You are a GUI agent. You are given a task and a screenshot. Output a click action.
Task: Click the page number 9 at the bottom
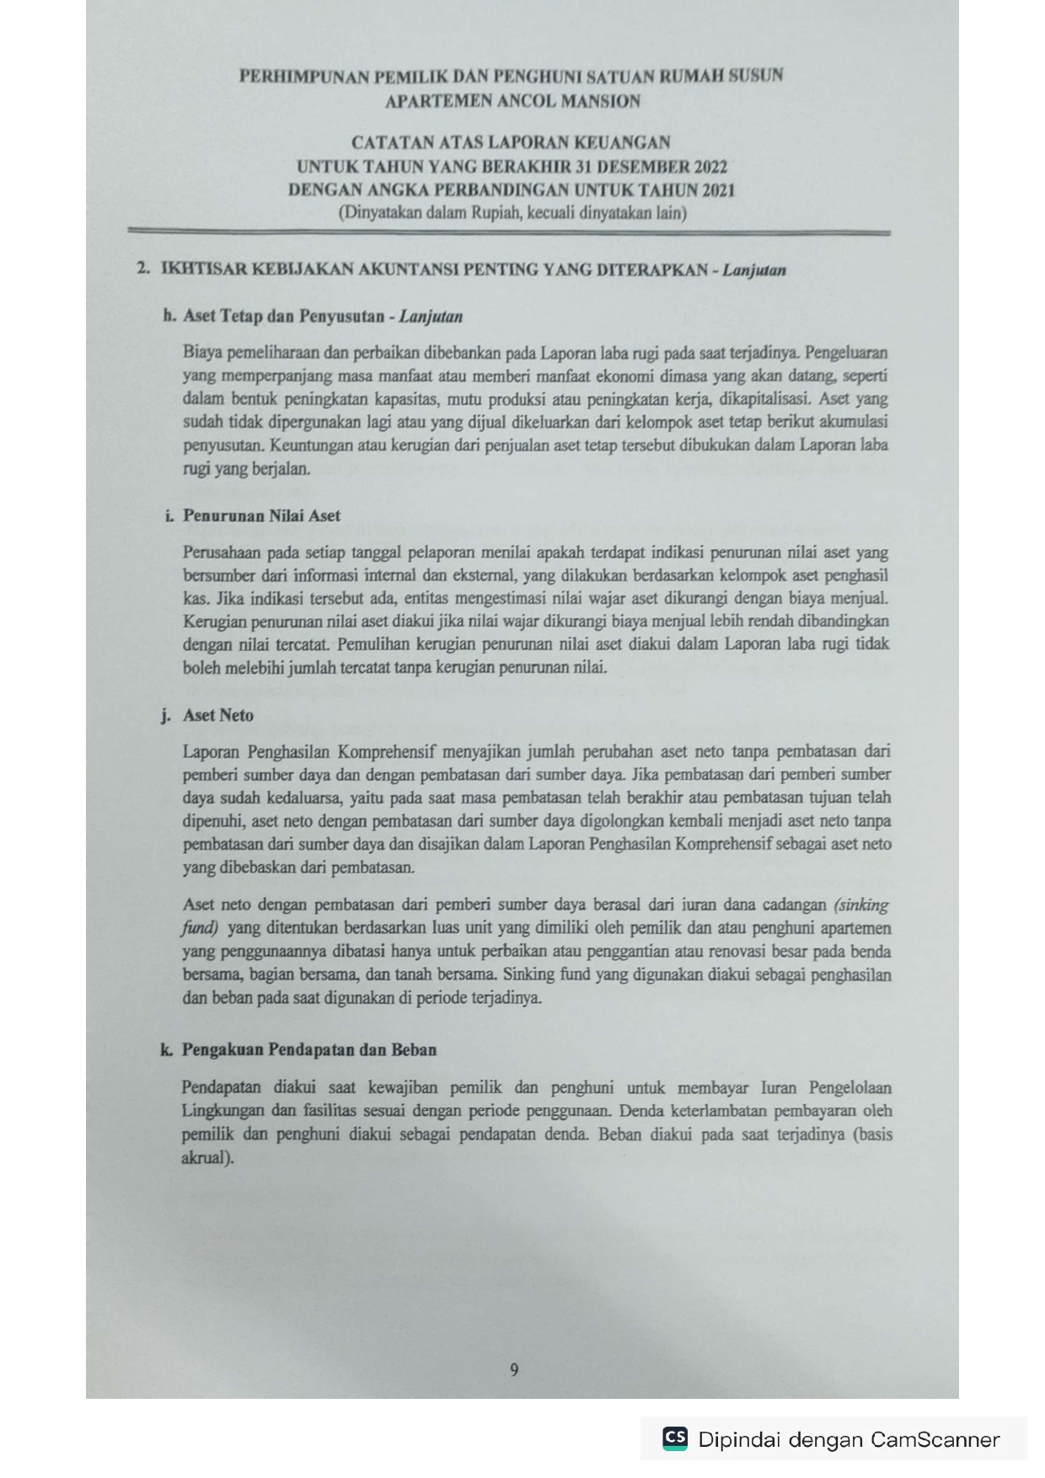pyautogui.click(x=514, y=1369)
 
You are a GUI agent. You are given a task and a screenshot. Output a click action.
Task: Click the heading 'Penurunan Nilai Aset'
pyautogui.click(x=261, y=515)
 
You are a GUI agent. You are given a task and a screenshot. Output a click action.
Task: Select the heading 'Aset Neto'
pyautogui.click(x=218, y=715)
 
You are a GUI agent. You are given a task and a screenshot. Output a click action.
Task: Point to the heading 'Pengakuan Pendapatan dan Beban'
pyautogui.click(x=309, y=1049)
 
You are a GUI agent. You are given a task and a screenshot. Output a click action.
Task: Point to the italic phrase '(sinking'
pyautogui.click(x=860, y=905)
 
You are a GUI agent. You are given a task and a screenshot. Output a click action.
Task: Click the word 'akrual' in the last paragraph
pyautogui.click(x=205, y=1157)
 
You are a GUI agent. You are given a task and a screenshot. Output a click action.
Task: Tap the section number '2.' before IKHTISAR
pyautogui.click(x=143, y=269)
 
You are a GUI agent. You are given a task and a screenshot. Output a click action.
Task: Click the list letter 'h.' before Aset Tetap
pyautogui.click(x=169, y=317)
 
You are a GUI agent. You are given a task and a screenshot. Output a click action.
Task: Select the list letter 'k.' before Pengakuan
pyautogui.click(x=168, y=1049)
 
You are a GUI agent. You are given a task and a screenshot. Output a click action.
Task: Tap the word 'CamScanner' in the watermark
pyautogui.click(x=935, y=1439)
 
